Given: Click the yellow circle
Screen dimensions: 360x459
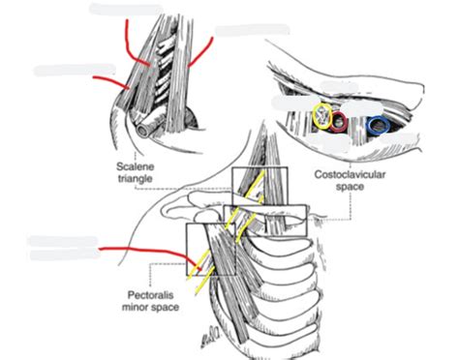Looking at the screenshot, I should pyautogui.click(x=322, y=118).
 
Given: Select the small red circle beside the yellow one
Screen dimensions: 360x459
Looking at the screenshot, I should pyautogui.click(x=339, y=122).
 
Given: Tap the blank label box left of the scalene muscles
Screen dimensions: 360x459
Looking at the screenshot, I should pyautogui.click(x=67, y=69).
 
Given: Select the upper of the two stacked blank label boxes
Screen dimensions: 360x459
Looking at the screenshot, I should pyautogui.click(x=64, y=240).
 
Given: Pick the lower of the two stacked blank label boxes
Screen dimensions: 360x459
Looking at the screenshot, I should pyautogui.click(x=64, y=255).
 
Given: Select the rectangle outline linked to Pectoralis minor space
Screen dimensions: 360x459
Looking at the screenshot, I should pyautogui.click(x=209, y=249).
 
